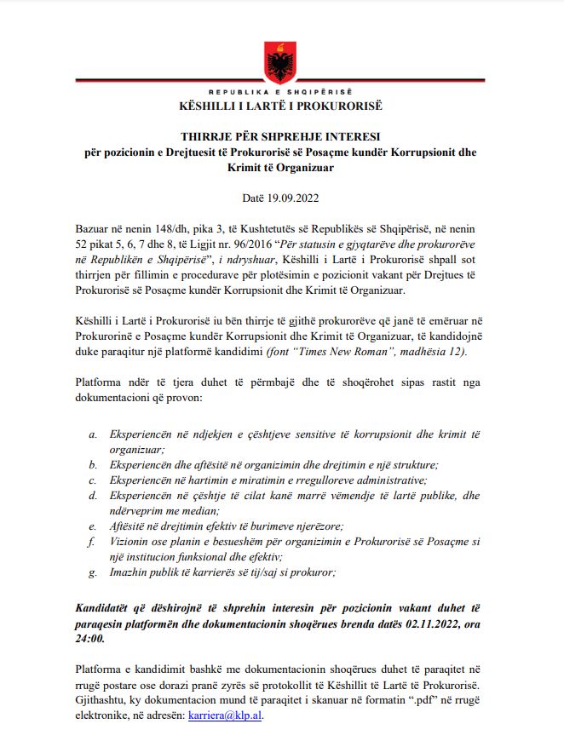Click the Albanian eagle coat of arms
[281, 60]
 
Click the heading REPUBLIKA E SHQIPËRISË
[282, 91]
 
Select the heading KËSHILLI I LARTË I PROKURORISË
[281, 106]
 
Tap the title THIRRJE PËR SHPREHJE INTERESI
[281, 136]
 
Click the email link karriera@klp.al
[226, 717]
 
